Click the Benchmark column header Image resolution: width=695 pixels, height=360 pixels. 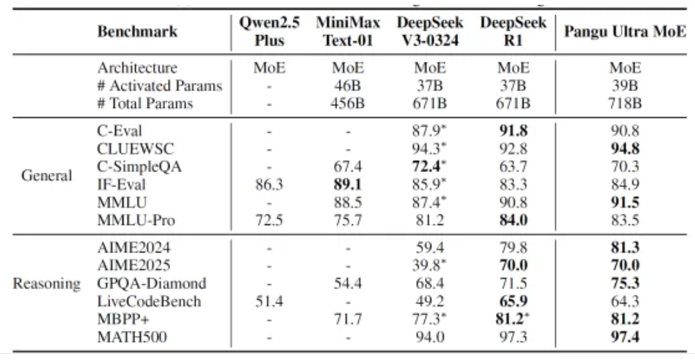point(137,32)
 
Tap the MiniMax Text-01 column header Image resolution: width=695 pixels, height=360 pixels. point(349,32)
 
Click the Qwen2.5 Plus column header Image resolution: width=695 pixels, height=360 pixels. point(269,32)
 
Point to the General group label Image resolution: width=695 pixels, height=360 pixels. point(47,175)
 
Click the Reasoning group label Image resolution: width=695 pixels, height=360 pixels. point(46,283)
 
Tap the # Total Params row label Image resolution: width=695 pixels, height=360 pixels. point(145,104)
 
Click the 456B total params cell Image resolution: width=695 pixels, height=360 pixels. point(349,104)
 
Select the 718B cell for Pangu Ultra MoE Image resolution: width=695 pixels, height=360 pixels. point(625,104)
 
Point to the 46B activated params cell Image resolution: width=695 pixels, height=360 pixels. point(349,86)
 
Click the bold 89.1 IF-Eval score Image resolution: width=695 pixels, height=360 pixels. point(349,184)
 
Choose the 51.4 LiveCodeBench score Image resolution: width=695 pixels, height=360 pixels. point(269,301)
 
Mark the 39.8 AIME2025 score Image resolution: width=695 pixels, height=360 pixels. point(432,265)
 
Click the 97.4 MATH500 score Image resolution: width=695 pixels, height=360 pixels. point(625,337)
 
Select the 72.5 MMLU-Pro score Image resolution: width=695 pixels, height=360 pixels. point(269,220)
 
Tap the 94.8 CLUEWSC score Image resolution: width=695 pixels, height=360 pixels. point(625,148)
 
